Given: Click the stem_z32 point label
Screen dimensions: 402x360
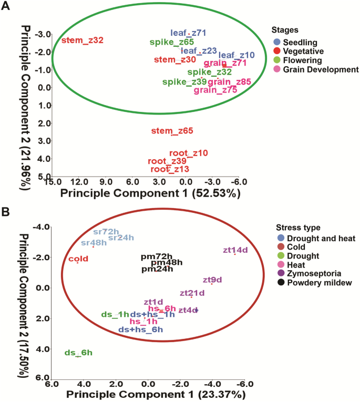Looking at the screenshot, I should (83, 40).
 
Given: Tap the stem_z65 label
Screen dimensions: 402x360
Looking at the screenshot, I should (172, 131).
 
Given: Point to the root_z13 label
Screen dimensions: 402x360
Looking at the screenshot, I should (170, 169).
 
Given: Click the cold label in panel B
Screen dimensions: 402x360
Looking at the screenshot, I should (78, 259).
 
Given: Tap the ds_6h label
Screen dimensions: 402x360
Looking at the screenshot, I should (78, 353).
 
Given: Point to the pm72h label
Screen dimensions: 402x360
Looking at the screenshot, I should (157, 256).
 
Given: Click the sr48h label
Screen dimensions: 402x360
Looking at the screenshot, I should (94, 243).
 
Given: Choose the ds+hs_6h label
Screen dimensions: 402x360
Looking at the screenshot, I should (141, 329).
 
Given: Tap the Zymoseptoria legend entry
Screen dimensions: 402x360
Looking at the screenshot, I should (310, 274).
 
